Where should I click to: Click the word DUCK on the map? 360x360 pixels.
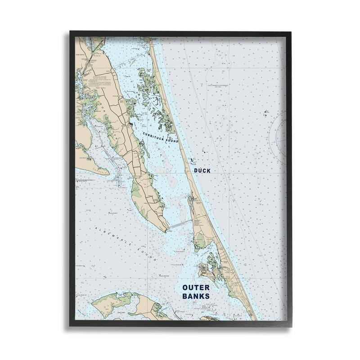click(x=202, y=171)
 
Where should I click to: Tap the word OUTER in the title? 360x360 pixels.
click(x=195, y=287)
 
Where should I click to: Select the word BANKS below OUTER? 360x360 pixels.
click(x=195, y=297)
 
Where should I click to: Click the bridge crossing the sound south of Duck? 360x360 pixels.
click(x=180, y=225)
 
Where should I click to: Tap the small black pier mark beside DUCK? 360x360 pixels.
click(x=191, y=160)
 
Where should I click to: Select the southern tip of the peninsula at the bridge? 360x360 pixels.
click(x=167, y=230)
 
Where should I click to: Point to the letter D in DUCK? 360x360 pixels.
click(x=196, y=171)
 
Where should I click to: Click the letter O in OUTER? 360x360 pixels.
click(x=185, y=287)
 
